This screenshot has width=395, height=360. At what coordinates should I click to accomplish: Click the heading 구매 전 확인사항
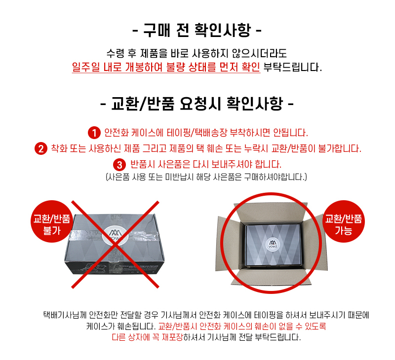tap(197, 30)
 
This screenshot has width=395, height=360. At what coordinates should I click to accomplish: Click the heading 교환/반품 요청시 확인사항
tap(197, 104)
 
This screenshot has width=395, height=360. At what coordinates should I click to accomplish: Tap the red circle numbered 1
tap(94, 133)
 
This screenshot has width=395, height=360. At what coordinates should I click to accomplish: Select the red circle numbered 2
tap(41, 148)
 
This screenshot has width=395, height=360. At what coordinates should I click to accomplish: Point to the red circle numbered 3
tap(119, 165)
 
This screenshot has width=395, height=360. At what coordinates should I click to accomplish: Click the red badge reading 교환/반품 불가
tap(52, 221)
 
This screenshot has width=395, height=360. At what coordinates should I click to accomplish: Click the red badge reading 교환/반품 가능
tap(343, 221)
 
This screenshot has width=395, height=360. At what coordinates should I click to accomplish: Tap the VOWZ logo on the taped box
tap(116, 235)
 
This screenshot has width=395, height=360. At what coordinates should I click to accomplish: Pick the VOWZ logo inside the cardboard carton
tap(273, 244)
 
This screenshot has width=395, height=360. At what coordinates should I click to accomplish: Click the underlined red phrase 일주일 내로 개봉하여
tap(117, 67)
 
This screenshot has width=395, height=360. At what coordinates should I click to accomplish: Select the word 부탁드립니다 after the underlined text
tap(292, 67)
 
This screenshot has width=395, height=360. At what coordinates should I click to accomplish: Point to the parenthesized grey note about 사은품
tap(206, 177)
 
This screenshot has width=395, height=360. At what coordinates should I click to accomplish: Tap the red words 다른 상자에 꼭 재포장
tap(147, 337)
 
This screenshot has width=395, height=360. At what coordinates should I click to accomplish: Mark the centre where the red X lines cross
tap(116, 244)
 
